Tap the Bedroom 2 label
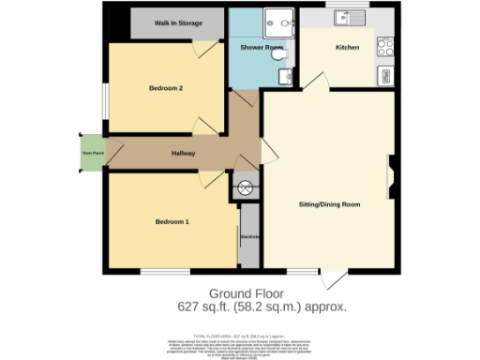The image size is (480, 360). click(x=165, y=88)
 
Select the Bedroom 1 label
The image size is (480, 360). click(x=172, y=221)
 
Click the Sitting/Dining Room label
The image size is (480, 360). click(x=329, y=203)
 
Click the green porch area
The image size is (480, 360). click(x=91, y=154)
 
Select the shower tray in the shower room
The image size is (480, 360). click(x=277, y=19)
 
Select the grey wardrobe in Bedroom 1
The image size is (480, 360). click(x=249, y=236)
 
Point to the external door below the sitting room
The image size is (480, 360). click(x=333, y=279)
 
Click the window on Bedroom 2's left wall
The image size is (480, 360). click(x=106, y=102)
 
